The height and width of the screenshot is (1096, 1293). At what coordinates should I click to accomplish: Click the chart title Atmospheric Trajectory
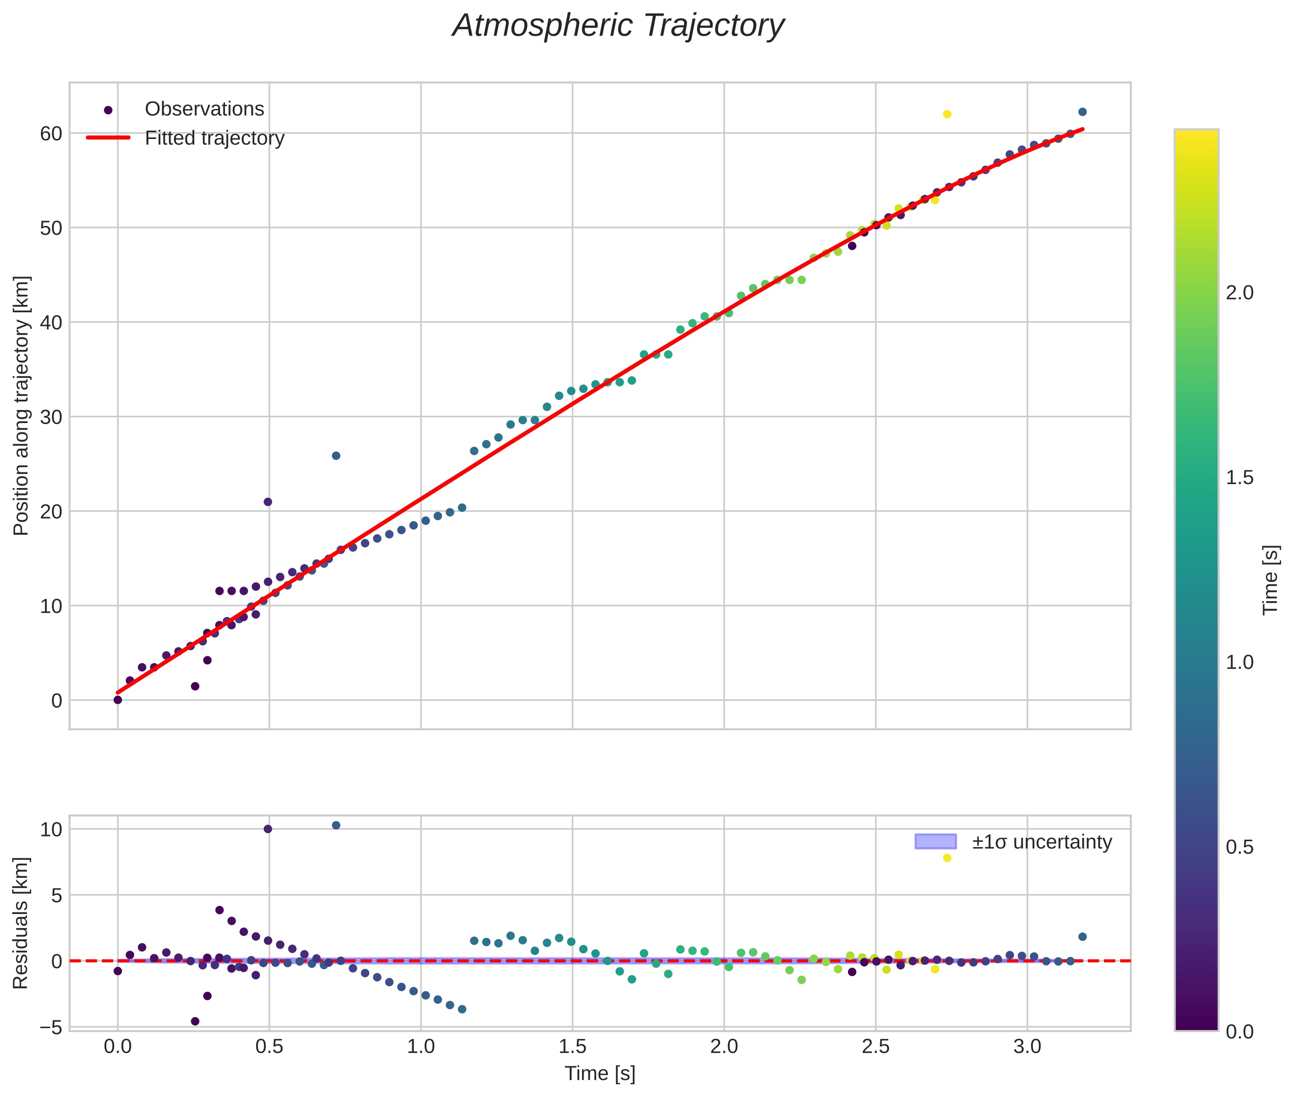(x=618, y=26)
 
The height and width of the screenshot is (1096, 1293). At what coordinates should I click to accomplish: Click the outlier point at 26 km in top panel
(x=336, y=455)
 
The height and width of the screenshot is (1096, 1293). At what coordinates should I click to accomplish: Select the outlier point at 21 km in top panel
(x=268, y=502)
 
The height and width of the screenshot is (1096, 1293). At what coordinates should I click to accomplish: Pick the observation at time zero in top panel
(x=118, y=700)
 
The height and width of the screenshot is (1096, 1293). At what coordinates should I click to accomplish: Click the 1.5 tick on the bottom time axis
(x=572, y=1047)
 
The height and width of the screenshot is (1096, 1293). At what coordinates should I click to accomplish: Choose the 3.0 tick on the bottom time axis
(x=1027, y=1047)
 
